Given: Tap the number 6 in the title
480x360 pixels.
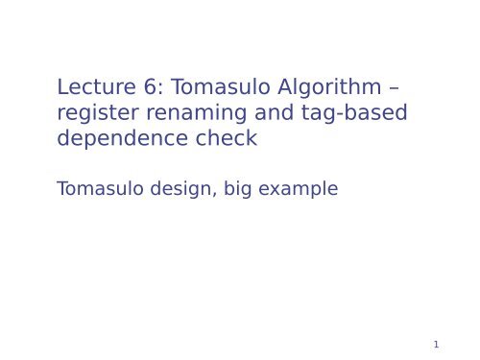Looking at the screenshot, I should click(147, 87).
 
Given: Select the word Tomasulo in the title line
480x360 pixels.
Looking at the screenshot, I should click(216, 87).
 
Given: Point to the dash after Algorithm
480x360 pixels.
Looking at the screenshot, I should click(395, 88).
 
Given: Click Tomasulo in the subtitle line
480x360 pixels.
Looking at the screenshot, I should click(99, 189).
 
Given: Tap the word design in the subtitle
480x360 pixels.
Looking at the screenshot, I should click(179, 190).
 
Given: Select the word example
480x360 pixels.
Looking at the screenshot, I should click(300, 190).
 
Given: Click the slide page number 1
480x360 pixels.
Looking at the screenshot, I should click(436, 345).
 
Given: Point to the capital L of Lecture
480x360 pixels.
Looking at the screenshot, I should click(62, 87).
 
